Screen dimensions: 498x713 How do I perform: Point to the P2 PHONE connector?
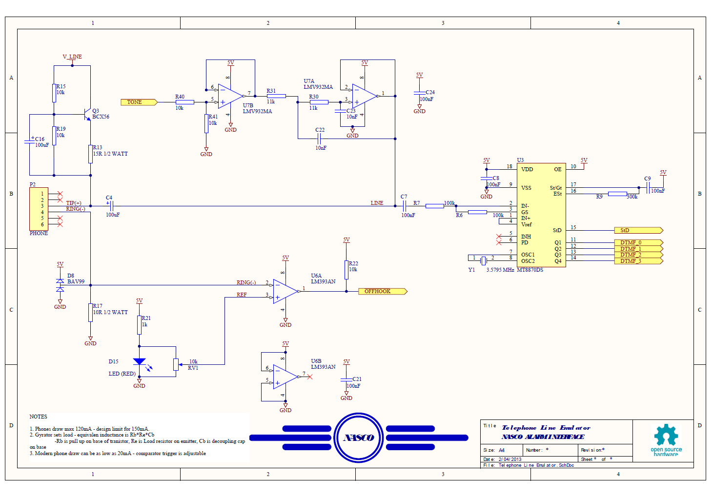coord(39,209)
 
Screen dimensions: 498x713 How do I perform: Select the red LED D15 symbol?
coord(140,362)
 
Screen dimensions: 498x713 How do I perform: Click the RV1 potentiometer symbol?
coord(176,364)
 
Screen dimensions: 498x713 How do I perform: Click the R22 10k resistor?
coord(346,270)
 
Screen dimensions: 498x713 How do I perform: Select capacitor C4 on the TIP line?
coord(111,206)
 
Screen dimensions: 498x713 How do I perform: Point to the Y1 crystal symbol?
coord(483,260)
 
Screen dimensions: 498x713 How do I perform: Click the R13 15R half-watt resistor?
coord(90,154)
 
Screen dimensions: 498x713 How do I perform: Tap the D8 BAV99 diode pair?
coord(60,285)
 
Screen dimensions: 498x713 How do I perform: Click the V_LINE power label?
coord(72,57)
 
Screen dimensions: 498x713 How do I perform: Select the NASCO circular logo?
coord(359,438)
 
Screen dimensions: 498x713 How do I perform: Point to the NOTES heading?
coord(38,417)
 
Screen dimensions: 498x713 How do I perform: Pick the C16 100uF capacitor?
coord(29,141)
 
